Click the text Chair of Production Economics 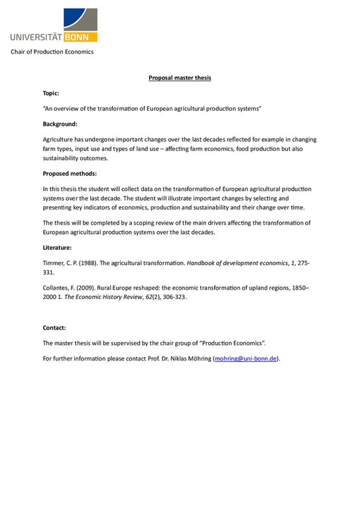[x=52, y=52]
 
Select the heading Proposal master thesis [x=180, y=78]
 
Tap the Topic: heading [x=51, y=93]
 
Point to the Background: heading [x=60, y=124]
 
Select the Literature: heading [x=57, y=247]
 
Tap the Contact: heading [x=54, y=327]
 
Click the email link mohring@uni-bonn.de [x=246, y=359]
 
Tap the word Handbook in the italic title [x=204, y=263]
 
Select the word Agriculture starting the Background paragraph [x=60, y=139]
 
